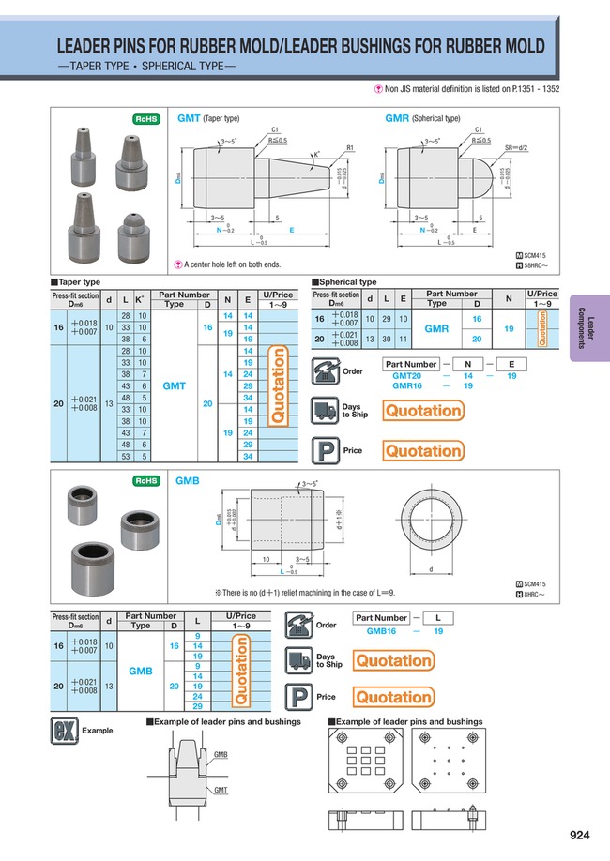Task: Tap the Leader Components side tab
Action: (590, 327)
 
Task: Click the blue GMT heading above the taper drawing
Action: (189, 119)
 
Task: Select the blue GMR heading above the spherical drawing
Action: (397, 119)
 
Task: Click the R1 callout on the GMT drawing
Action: (349, 147)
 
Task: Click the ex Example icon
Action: (64, 730)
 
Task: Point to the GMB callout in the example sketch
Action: (221, 754)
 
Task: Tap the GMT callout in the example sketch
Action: (221, 790)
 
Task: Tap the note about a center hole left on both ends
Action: (228, 264)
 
